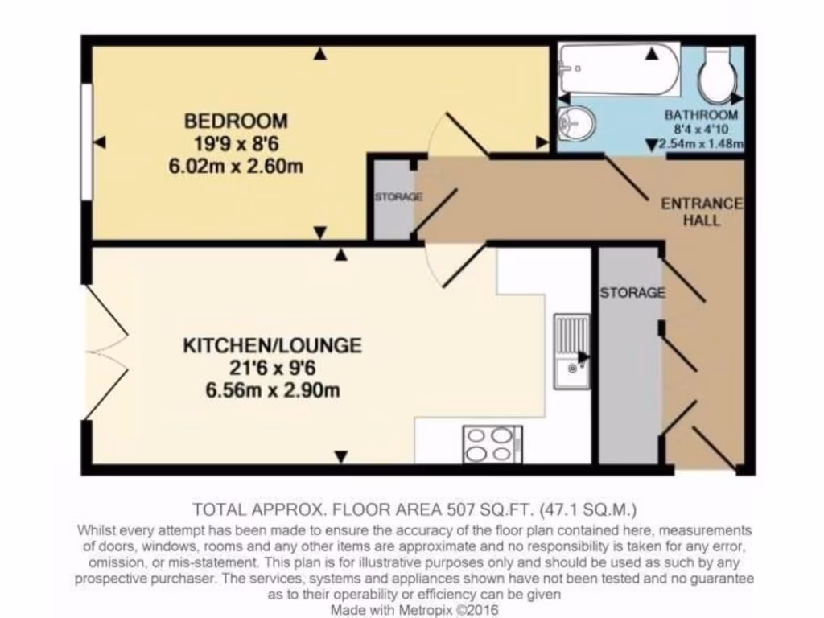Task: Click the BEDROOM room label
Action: pyautogui.click(x=236, y=122)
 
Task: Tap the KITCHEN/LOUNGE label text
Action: pyautogui.click(x=273, y=346)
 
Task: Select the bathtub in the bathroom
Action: pyautogui.click(x=618, y=69)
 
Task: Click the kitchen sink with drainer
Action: pyautogui.click(x=571, y=352)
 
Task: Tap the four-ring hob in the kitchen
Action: pyautogui.click(x=492, y=445)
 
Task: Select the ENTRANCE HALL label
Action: pyautogui.click(x=701, y=212)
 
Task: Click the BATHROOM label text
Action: pyautogui.click(x=701, y=115)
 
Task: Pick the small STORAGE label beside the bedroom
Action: pyautogui.click(x=398, y=197)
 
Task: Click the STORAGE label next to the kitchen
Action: pyautogui.click(x=632, y=293)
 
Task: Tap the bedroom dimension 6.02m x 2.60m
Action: pyautogui.click(x=236, y=167)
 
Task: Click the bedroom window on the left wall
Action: pyautogui.click(x=85, y=142)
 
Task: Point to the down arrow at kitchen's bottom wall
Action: pyautogui.click(x=340, y=457)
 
